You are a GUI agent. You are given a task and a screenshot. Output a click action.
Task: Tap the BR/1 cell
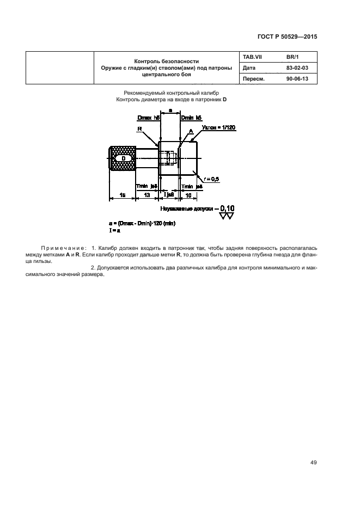(x=293, y=57)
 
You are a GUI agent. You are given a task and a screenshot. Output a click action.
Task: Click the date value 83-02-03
(x=297, y=68)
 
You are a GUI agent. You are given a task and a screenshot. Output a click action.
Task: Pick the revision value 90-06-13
(x=297, y=78)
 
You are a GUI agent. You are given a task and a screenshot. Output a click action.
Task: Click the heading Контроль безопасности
(x=167, y=61)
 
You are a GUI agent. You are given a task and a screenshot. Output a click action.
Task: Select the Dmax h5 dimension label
(x=148, y=118)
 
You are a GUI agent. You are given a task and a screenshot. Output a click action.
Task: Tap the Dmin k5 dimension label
(x=191, y=118)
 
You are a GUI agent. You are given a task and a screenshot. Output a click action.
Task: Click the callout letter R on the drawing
(x=140, y=129)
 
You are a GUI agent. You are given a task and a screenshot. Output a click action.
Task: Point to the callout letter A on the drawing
(x=190, y=131)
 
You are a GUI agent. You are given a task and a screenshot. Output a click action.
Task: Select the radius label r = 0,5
(x=212, y=179)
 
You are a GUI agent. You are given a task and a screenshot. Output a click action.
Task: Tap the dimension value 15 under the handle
(x=123, y=194)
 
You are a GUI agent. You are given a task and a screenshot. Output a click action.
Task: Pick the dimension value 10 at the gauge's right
(x=188, y=194)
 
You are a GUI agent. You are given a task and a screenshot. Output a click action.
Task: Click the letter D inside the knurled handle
(x=123, y=157)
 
